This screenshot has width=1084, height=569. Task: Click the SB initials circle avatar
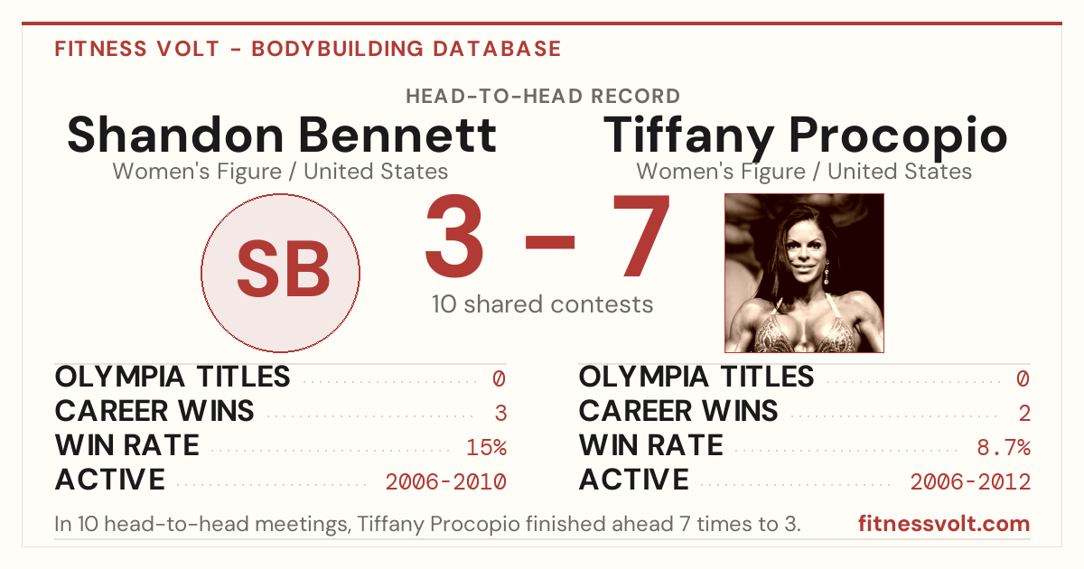click(280, 273)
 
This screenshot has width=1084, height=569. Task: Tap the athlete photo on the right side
click(804, 273)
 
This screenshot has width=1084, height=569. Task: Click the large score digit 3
click(454, 236)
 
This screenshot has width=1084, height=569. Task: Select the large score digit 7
click(641, 236)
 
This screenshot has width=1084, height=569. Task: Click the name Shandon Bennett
click(282, 135)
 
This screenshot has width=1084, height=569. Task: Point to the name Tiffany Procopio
click(805, 136)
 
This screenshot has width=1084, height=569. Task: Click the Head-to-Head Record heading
click(543, 97)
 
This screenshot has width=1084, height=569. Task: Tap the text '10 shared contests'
click(543, 304)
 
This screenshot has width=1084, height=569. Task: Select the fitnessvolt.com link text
click(944, 524)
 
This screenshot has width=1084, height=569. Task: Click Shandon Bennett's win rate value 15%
click(486, 447)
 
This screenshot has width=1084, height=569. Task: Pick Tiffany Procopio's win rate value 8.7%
click(1004, 447)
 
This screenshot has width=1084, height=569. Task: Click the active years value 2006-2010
click(445, 482)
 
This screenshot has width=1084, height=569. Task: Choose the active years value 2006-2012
click(970, 482)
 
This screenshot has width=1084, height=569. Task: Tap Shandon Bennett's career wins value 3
click(500, 414)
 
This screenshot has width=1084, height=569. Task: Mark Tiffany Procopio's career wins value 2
click(1024, 414)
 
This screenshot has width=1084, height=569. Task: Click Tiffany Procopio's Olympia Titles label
click(696, 377)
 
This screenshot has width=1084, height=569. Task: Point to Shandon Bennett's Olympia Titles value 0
click(499, 378)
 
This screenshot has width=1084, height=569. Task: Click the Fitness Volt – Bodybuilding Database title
click(308, 49)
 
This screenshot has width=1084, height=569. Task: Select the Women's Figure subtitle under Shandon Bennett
click(280, 172)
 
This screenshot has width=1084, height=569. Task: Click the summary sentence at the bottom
click(427, 524)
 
